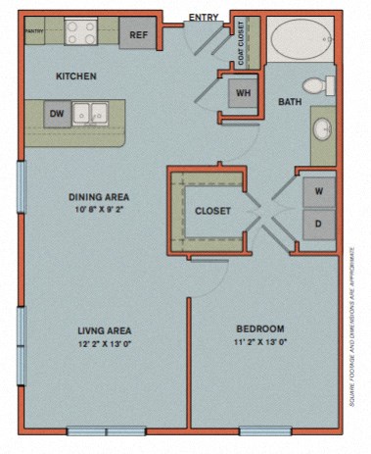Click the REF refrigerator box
point(139,35)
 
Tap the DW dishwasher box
point(57,115)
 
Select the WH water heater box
point(242,95)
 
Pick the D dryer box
point(317,223)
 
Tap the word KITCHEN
point(75,76)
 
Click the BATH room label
point(290,101)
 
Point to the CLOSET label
point(212,211)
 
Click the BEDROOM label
point(260,328)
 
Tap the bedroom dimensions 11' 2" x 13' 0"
point(260,343)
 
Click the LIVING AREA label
point(105,329)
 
